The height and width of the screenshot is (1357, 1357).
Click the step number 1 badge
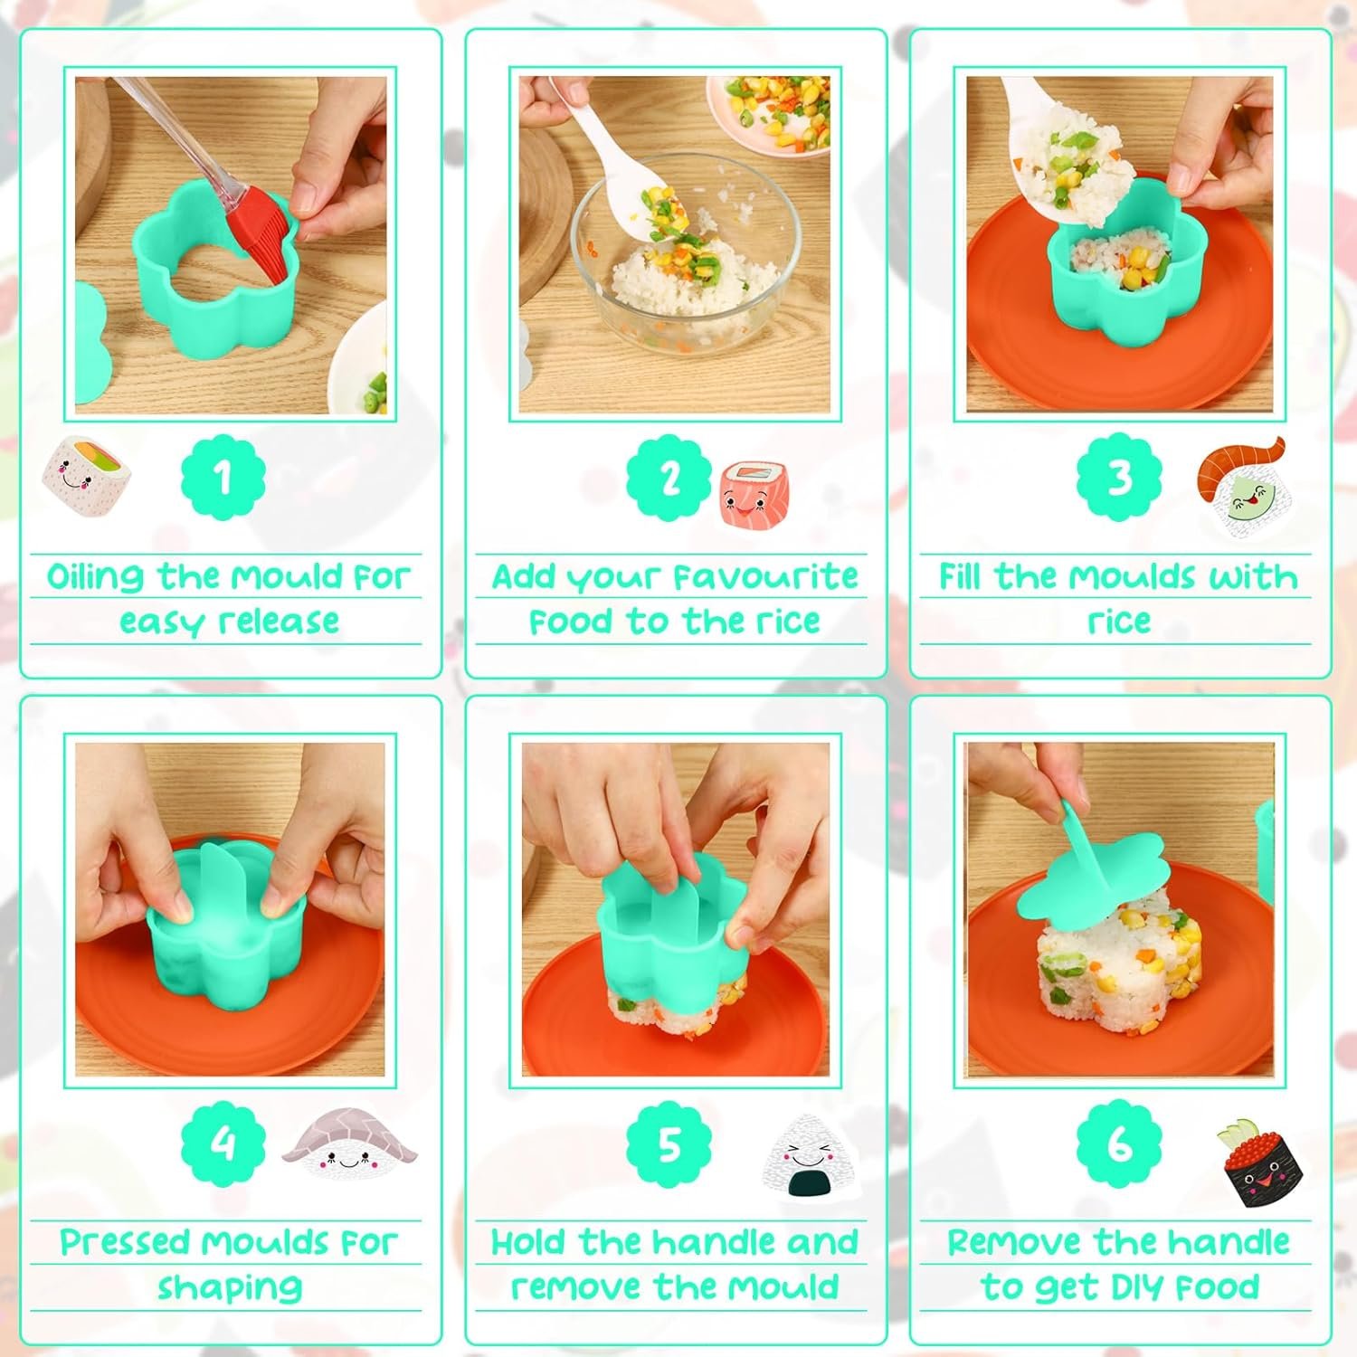[223, 478]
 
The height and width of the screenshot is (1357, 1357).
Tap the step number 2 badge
[669, 478]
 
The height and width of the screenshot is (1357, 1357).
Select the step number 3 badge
[1119, 478]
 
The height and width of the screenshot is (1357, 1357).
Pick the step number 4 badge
[223, 1144]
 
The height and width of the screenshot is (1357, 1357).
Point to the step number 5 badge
[669, 1144]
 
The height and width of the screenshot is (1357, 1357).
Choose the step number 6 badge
[1119, 1144]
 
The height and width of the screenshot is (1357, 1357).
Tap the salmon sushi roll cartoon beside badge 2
[751, 493]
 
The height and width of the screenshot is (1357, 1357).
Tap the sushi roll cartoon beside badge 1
[88, 476]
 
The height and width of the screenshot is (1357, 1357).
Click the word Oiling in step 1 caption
[95, 577]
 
